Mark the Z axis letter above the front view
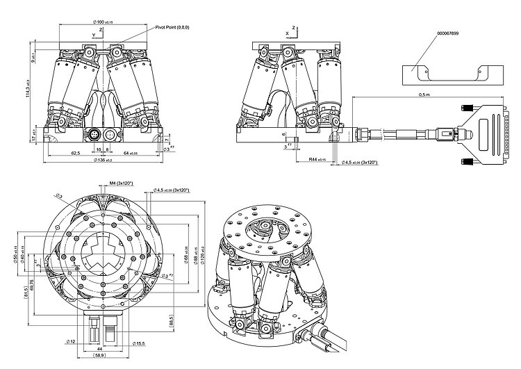101,31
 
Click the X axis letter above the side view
286,32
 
